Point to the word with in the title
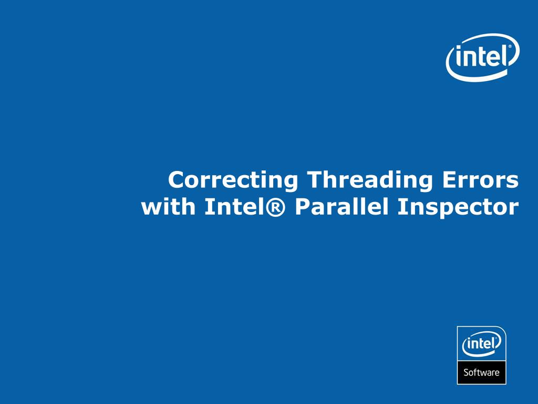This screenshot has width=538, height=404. (168, 207)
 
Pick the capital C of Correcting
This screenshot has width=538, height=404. (177, 180)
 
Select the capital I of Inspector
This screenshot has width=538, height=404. (400, 207)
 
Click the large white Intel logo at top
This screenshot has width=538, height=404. (482, 56)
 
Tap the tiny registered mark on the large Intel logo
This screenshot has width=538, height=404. (509, 46)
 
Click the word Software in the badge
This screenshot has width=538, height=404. (481, 372)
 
